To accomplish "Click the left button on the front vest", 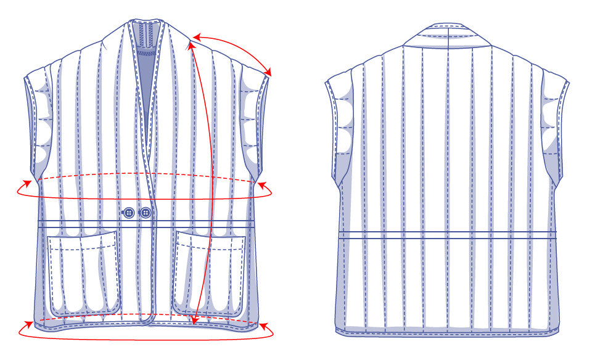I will coord(129,213).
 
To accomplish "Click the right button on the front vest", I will coord(146,213).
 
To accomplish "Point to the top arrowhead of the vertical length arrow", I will coord(192,42).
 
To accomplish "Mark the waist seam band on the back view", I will coord(448,235).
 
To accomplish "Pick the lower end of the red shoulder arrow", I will coord(269,75).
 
